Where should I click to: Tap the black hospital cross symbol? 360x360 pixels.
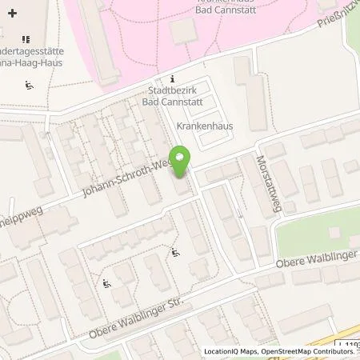[x=12, y=14]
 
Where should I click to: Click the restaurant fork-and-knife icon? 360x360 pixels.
[x=26, y=38]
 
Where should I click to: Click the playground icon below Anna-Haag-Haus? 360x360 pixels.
[x=30, y=86]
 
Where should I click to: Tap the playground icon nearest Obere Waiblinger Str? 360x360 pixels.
[x=106, y=282]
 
